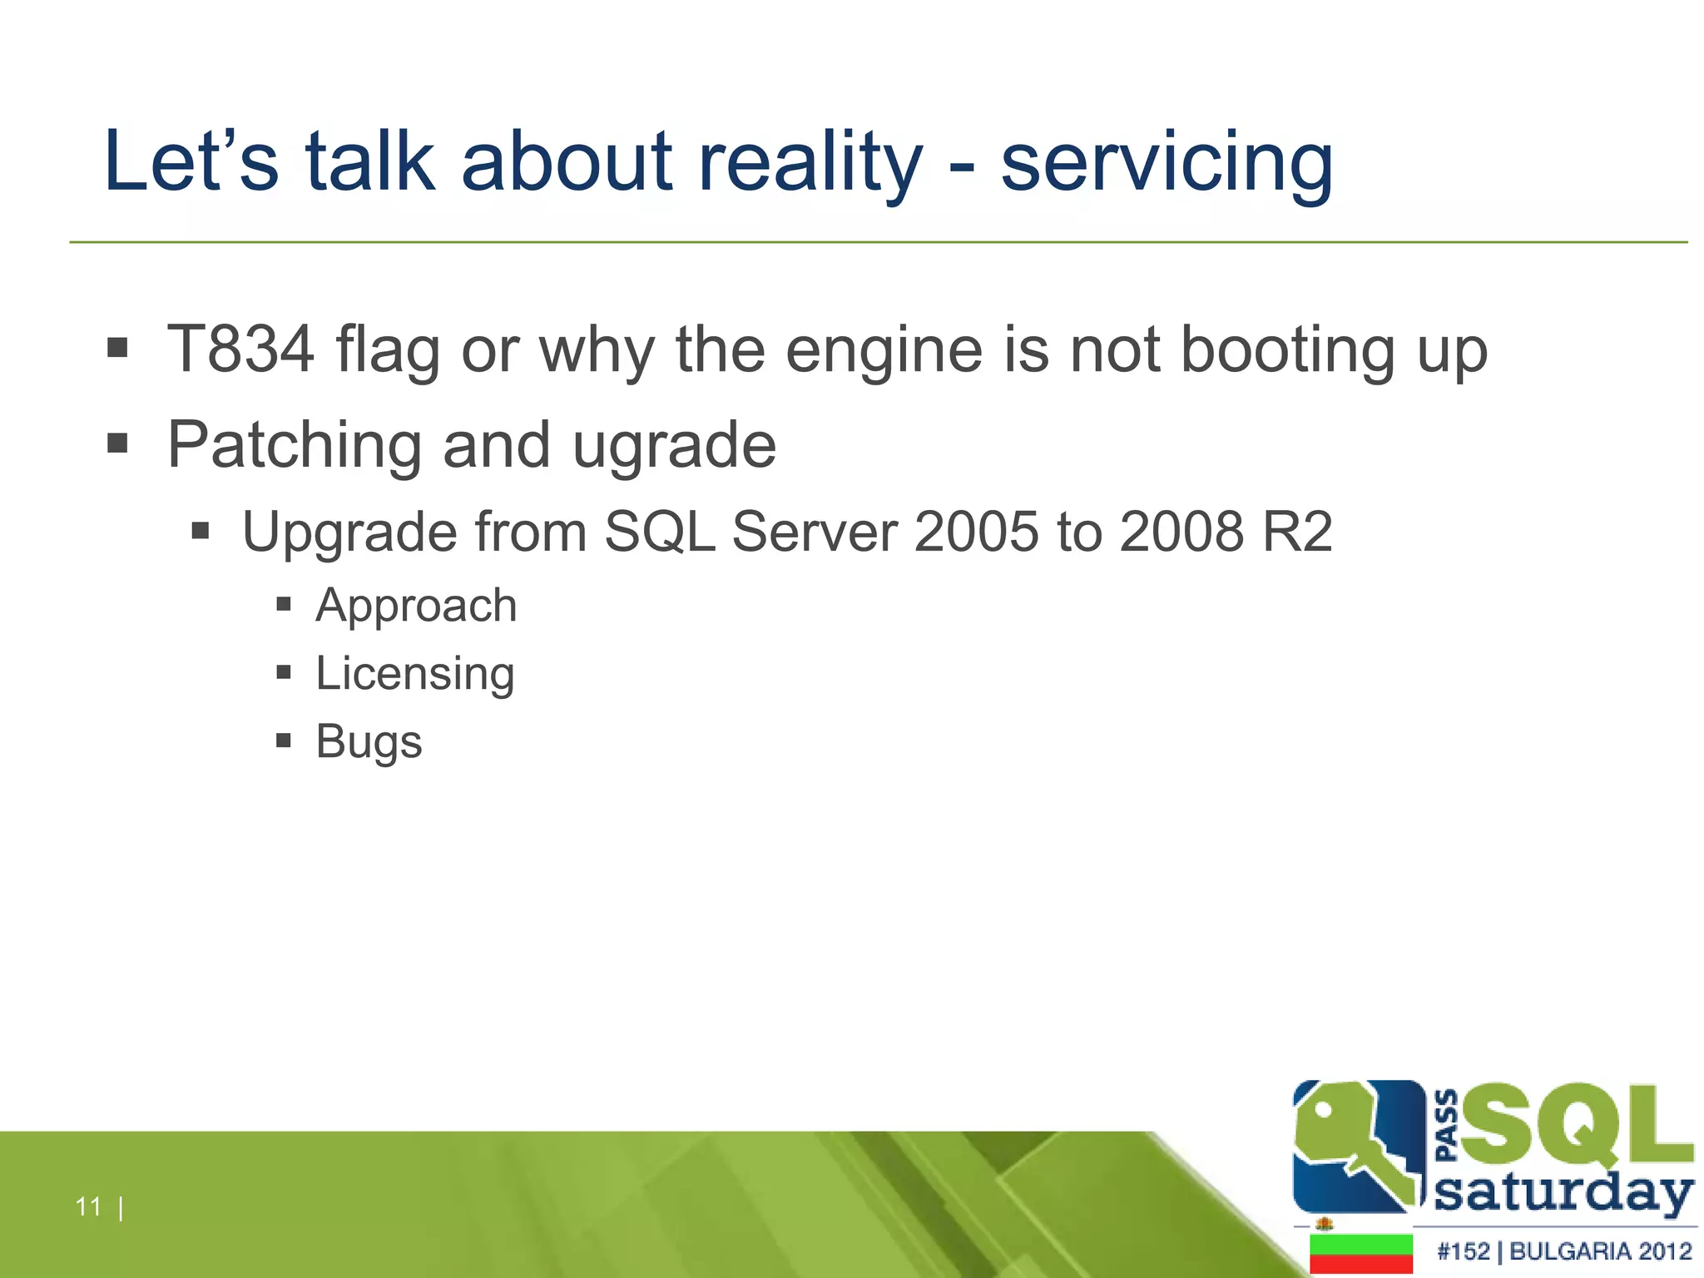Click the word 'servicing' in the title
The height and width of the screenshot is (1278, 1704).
pos(1167,162)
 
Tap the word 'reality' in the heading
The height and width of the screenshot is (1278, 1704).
pos(810,162)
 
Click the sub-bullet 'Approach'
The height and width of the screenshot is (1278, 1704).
pos(416,606)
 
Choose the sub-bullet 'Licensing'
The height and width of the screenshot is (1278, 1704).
pos(415,674)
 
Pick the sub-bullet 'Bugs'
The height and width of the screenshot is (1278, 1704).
pos(369,741)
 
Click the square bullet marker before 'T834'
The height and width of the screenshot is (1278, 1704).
pos(117,348)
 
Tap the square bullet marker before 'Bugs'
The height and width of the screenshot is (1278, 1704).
pos(284,740)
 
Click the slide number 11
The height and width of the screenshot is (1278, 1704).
pos(88,1206)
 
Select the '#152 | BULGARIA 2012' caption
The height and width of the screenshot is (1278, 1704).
pos(1564,1251)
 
